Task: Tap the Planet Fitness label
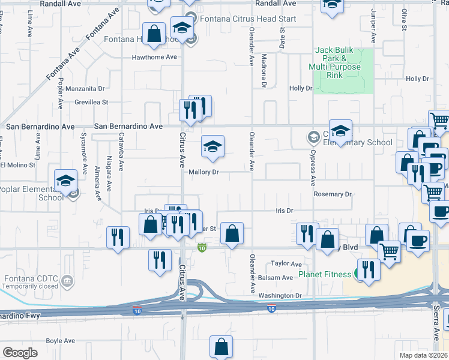tap(325, 275)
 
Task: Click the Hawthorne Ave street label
tap(155, 57)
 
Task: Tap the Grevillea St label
tap(91, 103)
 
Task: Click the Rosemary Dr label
tap(333, 194)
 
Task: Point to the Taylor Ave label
tap(286, 263)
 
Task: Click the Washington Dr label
tap(280, 296)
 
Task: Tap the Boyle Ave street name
tap(61, 341)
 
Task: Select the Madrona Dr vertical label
tap(264, 71)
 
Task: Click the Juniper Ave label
tap(373, 27)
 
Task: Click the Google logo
tap(20, 352)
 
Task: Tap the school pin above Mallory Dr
tap(212, 147)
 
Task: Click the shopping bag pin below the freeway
tap(221, 346)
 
